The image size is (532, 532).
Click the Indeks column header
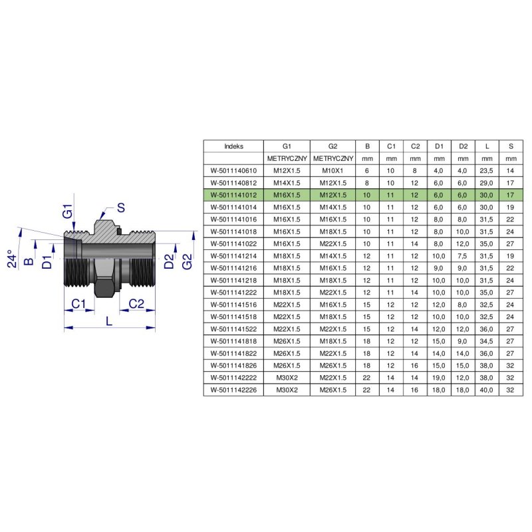(x=233, y=146)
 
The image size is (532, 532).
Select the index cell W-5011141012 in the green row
(x=233, y=195)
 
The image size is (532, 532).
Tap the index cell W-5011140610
(x=233, y=171)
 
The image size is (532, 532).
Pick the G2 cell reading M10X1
(x=332, y=171)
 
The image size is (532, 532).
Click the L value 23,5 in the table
(x=486, y=171)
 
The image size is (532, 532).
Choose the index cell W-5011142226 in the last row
(x=233, y=390)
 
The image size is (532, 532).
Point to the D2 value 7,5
(x=462, y=256)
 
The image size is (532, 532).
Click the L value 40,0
(x=486, y=390)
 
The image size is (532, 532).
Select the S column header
(x=511, y=146)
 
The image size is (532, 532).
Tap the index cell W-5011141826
(x=233, y=365)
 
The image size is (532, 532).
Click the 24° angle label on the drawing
(x=12, y=259)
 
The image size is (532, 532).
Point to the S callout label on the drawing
(x=121, y=207)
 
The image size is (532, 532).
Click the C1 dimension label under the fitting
(x=78, y=304)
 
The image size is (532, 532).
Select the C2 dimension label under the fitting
(x=136, y=304)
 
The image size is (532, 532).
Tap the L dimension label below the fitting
(x=109, y=321)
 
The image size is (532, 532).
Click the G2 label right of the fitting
(x=187, y=261)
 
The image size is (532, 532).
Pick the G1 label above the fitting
(x=68, y=211)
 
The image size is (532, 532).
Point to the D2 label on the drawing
(x=169, y=261)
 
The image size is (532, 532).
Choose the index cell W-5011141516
(x=233, y=305)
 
